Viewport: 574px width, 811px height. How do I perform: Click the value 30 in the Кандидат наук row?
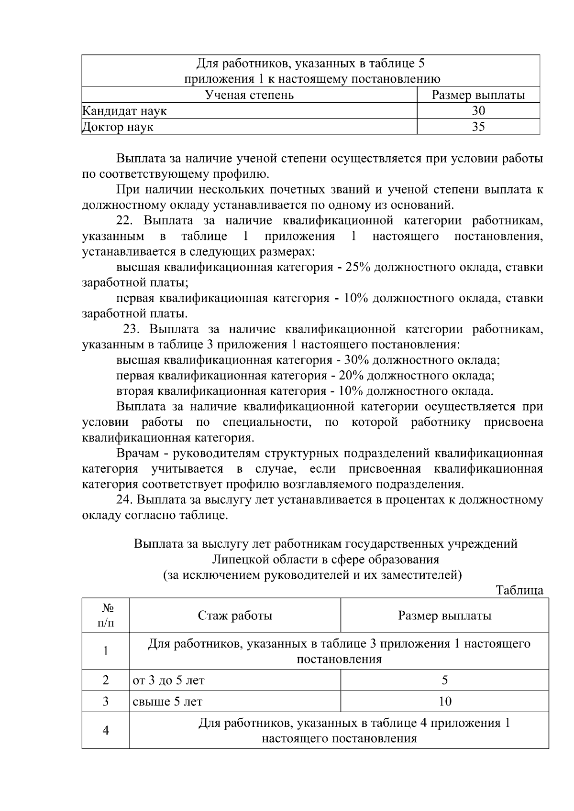[478, 111]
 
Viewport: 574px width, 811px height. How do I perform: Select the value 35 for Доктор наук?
[478, 127]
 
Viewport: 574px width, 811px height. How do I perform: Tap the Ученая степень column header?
[249, 95]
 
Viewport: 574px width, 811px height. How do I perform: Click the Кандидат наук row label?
[124, 111]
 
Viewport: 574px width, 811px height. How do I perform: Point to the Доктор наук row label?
[118, 127]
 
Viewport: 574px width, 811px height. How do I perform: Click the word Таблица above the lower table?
[519, 590]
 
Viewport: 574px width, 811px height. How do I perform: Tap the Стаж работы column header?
[235, 616]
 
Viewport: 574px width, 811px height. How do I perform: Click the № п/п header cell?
[106, 615]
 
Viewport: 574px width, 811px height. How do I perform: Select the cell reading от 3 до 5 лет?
[168, 680]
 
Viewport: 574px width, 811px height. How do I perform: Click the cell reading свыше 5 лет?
[167, 702]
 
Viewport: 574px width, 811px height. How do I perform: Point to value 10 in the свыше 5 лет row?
[444, 702]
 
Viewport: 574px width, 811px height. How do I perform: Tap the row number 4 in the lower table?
[106, 730]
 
